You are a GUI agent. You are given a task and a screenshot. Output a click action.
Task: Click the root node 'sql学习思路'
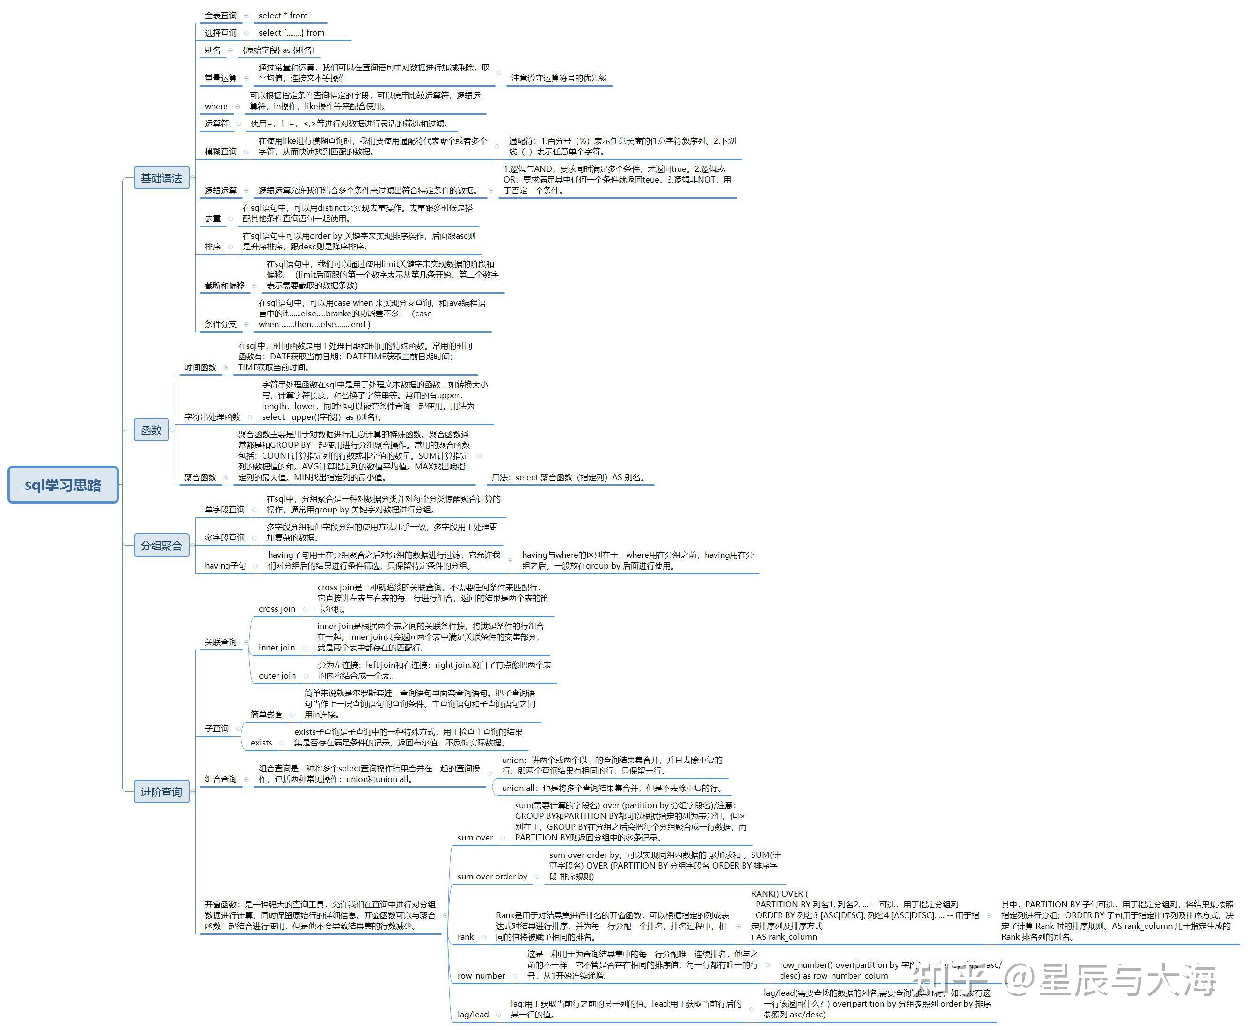[63, 485]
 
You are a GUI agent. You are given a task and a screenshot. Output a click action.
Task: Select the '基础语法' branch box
[161, 178]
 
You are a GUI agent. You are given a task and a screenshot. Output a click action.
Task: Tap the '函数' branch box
[151, 430]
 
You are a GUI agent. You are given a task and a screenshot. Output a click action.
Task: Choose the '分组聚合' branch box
[161, 546]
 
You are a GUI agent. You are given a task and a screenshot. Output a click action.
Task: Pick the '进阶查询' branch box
[161, 791]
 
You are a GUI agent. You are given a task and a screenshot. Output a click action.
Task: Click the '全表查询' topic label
[221, 15]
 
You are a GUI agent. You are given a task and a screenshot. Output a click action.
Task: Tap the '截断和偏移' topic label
[225, 285]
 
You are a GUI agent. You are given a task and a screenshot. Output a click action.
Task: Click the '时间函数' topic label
[200, 367]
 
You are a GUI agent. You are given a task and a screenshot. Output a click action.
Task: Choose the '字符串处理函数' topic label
[212, 417]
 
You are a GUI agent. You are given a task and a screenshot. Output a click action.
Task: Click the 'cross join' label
[277, 609]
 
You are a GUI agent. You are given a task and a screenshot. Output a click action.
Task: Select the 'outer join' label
[277, 676]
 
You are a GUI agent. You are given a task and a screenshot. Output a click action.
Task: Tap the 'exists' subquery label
[262, 743]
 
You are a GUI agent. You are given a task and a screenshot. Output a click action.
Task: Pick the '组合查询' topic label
[221, 779]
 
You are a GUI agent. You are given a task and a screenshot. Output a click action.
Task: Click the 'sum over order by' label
[492, 877]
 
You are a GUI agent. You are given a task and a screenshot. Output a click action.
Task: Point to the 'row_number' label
[481, 975]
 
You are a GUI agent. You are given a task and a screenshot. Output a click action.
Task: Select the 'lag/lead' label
[474, 1015]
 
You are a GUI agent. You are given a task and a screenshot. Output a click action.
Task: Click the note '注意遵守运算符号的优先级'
[559, 78]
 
